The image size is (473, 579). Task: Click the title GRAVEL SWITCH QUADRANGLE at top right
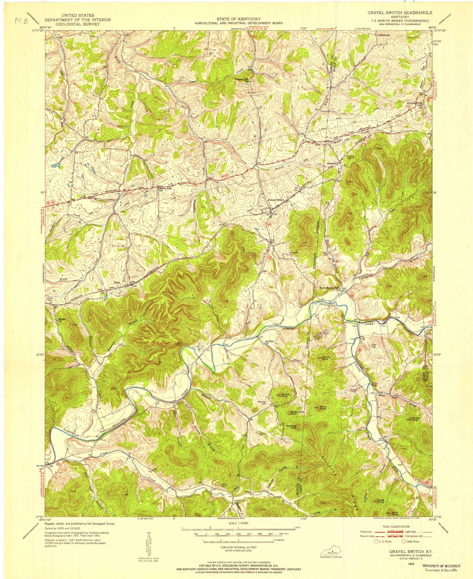[x=400, y=13]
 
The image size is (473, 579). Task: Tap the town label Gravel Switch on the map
[x=276, y=200]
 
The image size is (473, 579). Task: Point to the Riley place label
[x=117, y=283]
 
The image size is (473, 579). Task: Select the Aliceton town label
[x=331, y=163]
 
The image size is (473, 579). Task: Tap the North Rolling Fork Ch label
[x=330, y=289]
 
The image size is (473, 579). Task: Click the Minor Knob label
[x=323, y=408]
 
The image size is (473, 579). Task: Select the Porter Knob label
[x=416, y=419]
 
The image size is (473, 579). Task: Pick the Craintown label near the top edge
[x=383, y=35]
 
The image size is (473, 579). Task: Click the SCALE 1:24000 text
[x=238, y=523]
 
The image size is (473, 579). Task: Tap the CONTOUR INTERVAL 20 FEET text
[x=238, y=547]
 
